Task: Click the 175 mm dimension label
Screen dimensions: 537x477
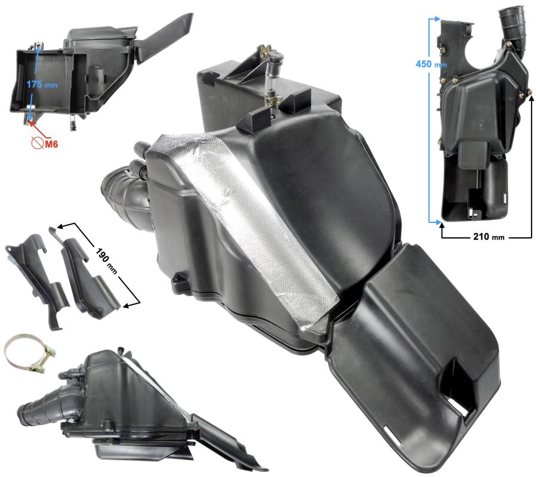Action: pos(42,84)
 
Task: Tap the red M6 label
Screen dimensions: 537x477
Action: pos(51,144)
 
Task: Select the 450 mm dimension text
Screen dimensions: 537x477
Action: pos(431,64)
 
